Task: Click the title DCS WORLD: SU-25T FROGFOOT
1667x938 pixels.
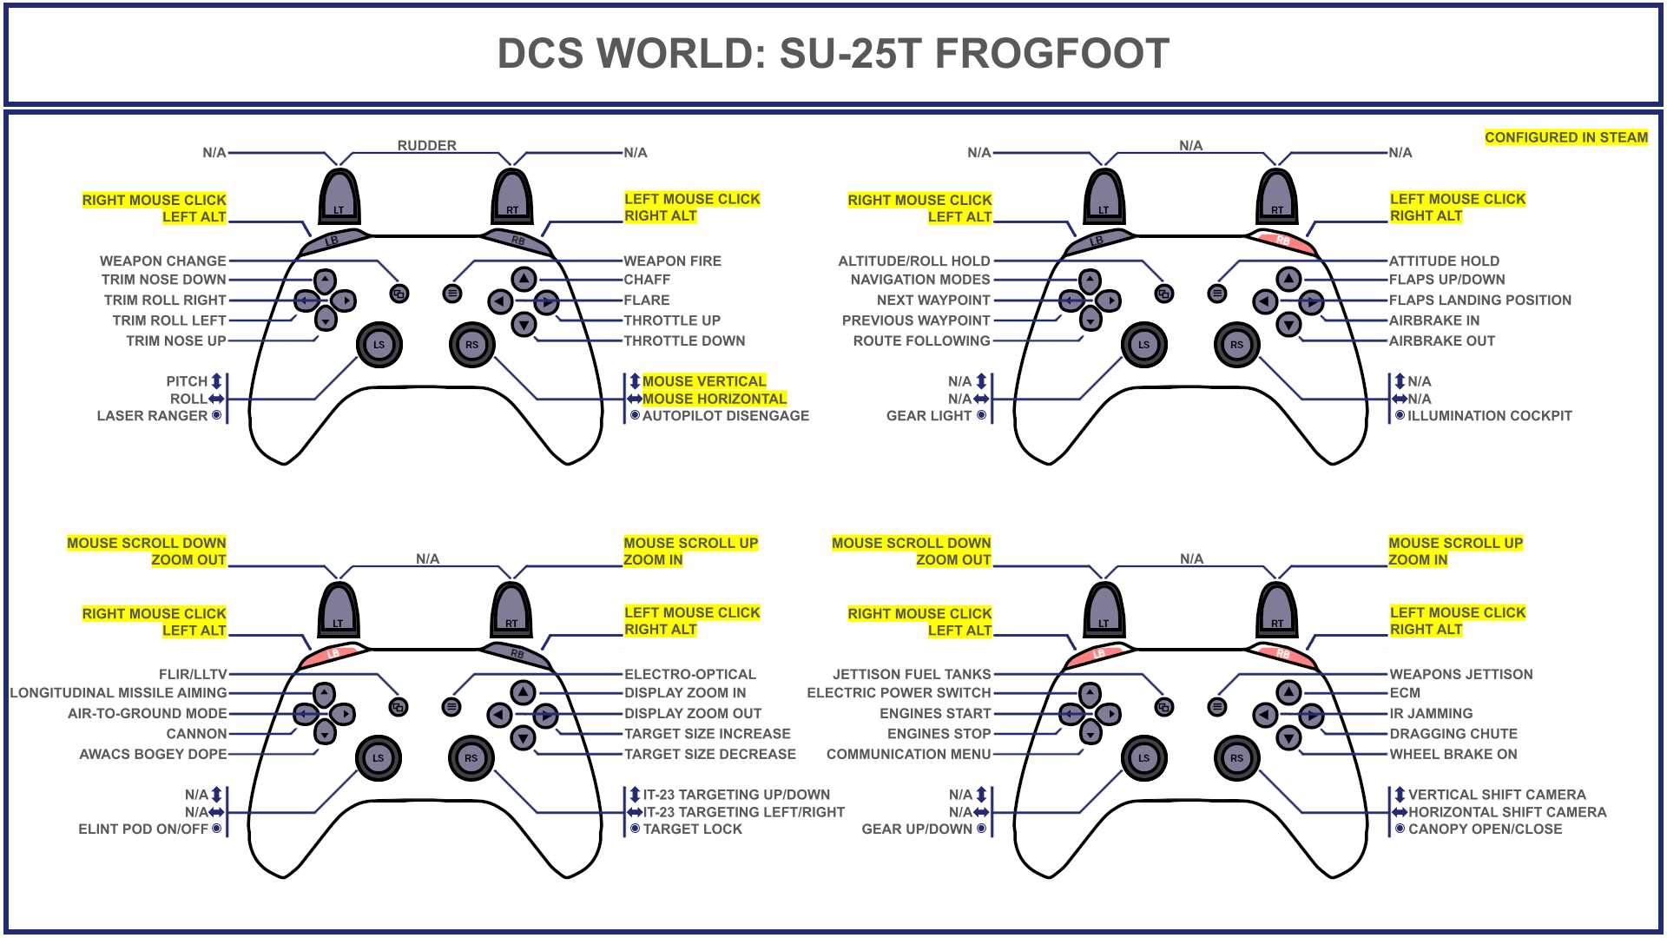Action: [x=833, y=54]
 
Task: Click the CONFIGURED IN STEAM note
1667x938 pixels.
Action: [x=1565, y=137]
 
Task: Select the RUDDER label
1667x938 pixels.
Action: [x=426, y=146]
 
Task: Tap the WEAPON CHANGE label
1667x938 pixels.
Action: [x=162, y=261]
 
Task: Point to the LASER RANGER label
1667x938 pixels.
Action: [x=152, y=416]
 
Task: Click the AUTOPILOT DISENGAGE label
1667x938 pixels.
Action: [x=725, y=416]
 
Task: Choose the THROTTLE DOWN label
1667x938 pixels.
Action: [x=684, y=340]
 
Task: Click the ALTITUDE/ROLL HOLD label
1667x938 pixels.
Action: [x=913, y=261]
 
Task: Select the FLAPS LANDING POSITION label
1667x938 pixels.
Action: [x=1479, y=300]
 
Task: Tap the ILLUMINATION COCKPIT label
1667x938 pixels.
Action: [x=1489, y=416]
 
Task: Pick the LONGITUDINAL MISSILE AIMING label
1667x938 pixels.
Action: [x=118, y=693]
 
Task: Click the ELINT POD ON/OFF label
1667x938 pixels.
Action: [x=143, y=829]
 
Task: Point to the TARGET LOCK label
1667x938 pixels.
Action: [x=692, y=829]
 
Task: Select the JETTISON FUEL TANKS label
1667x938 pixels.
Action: [x=911, y=674]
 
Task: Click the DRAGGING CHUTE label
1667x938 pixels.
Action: [x=1453, y=734]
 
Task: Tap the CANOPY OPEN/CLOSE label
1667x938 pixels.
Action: [x=1485, y=829]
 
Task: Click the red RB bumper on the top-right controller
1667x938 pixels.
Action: [x=1283, y=241]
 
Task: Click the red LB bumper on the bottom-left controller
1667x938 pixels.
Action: [x=333, y=654]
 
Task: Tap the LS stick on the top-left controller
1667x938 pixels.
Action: [x=379, y=345]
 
